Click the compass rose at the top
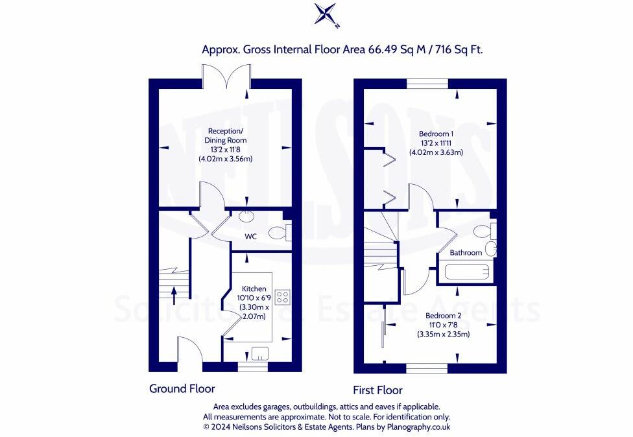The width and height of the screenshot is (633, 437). coord(325,14)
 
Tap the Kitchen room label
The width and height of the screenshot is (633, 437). coord(254,289)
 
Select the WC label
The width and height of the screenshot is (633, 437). coord(251,237)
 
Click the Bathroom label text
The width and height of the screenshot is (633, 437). coord(466,253)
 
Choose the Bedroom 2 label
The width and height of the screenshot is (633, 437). coord(443,316)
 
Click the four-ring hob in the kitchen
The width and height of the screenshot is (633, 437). coord(283,298)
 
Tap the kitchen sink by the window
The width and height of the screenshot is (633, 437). coord(259,353)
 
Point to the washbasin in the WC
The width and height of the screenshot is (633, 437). coord(246,216)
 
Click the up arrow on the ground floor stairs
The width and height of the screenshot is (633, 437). coord(174,296)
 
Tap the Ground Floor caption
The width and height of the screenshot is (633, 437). coord(182,388)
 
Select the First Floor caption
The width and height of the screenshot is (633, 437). coord(377,390)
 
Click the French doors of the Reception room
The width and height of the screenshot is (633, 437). coord(227,77)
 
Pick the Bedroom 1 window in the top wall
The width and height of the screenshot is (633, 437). coord(427,84)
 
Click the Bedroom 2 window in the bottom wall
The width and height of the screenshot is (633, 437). coord(427,368)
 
